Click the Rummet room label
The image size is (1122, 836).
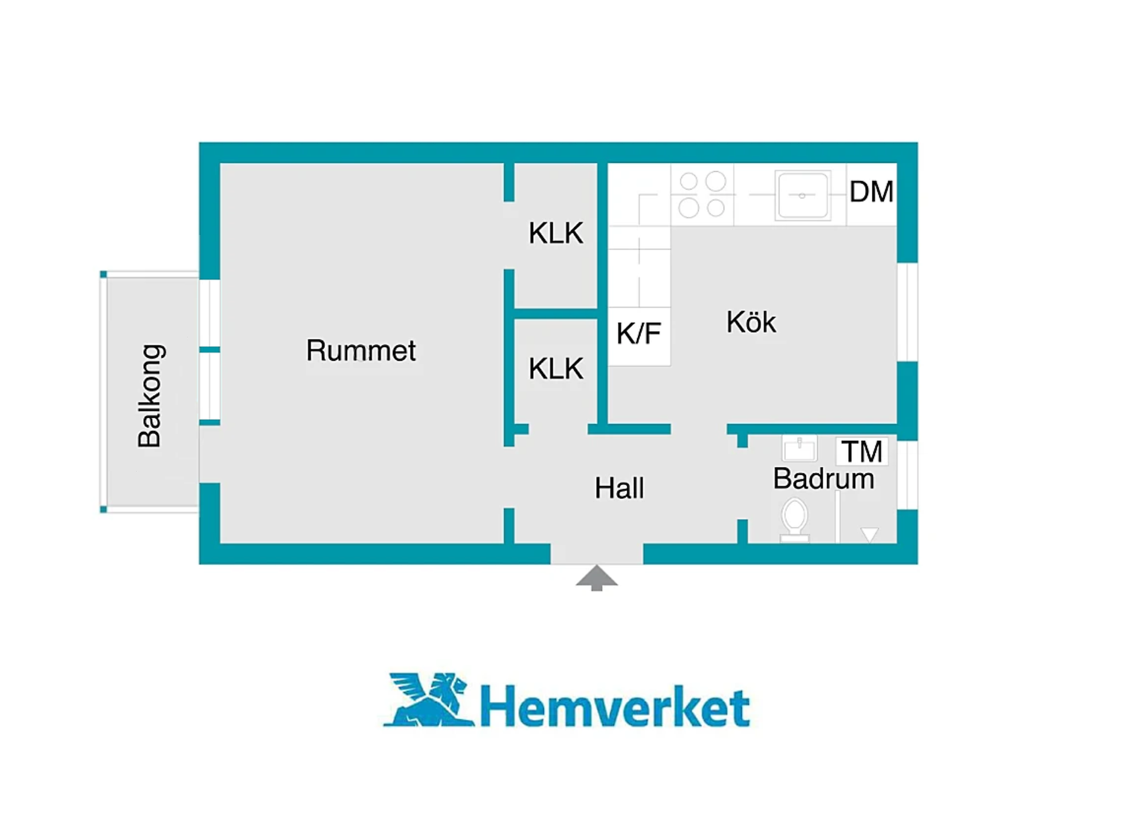click(360, 350)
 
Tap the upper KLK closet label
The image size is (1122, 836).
click(556, 233)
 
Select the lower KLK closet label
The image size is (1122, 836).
click(556, 368)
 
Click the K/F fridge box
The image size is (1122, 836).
click(639, 336)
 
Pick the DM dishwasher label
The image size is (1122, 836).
click(871, 192)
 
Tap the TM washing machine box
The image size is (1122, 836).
click(862, 451)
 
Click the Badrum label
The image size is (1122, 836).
click(823, 478)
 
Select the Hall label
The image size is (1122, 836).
click(619, 488)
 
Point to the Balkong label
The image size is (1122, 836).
click(150, 396)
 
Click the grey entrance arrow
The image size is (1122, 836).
click(597, 578)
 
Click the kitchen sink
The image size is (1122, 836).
click(803, 195)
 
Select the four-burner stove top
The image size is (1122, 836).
click(702, 194)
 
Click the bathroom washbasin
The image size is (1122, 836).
click(800, 449)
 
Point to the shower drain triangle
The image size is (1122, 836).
click(869, 534)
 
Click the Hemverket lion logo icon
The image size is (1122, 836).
click(428, 699)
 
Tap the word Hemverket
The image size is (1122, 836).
click(615, 706)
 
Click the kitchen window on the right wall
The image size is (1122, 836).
click(907, 312)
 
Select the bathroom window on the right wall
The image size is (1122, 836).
click(907, 475)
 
